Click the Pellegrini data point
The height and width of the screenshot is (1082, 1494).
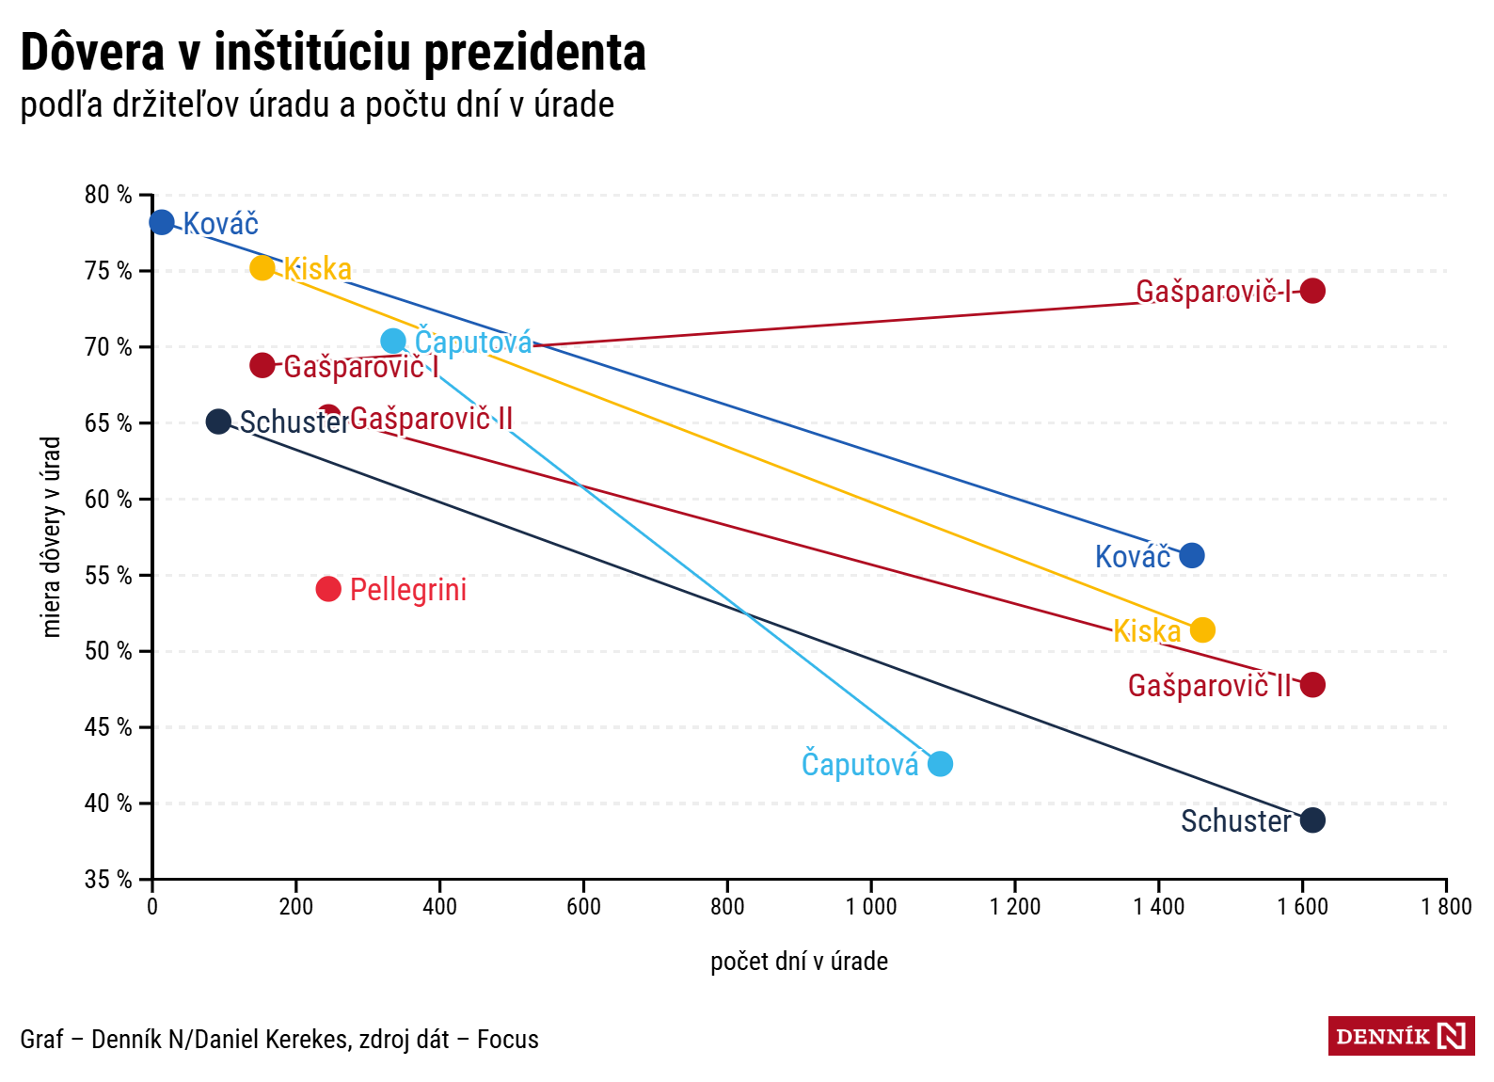coord(328,589)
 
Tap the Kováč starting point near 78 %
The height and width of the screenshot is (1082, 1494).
coord(162,222)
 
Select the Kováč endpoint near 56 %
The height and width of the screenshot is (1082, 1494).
coord(1191,555)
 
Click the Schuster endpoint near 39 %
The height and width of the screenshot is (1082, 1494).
coord(1312,819)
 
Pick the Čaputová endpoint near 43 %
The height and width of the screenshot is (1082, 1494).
coord(940,763)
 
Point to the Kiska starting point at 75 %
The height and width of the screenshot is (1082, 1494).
coord(262,268)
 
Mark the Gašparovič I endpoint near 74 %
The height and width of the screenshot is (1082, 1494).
coord(1312,291)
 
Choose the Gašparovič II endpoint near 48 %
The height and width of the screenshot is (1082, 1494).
coord(1312,684)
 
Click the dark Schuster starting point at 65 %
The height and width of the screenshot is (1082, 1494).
coord(218,422)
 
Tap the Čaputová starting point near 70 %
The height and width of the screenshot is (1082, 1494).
coord(393,341)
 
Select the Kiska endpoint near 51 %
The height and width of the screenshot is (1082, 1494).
coord(1202,629)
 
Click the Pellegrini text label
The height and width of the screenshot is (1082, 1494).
coord(408,590)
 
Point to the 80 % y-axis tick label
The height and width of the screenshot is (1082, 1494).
coord(108,195)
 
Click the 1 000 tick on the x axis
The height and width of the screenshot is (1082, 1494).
coord(871,907)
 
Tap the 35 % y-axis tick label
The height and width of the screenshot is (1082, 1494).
coord(108,880)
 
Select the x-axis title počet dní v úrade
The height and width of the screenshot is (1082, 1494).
coord(799,962)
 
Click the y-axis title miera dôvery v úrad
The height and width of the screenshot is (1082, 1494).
coord(52,536)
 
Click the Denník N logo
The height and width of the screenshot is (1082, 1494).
coord(1401,1036)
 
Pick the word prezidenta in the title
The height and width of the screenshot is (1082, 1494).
coord(534,53)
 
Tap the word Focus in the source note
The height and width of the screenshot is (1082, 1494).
coord(508,1040)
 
